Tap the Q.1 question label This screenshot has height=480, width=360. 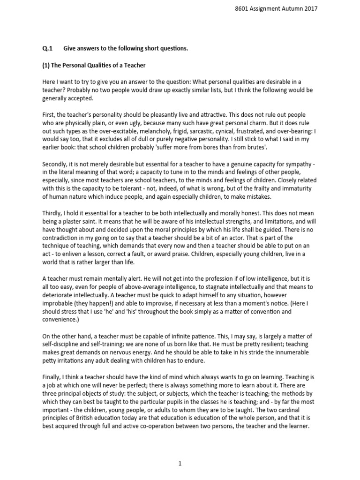47,48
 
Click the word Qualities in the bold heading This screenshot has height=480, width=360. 101,65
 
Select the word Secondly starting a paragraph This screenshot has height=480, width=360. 56,165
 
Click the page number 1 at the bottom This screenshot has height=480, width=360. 180,464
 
